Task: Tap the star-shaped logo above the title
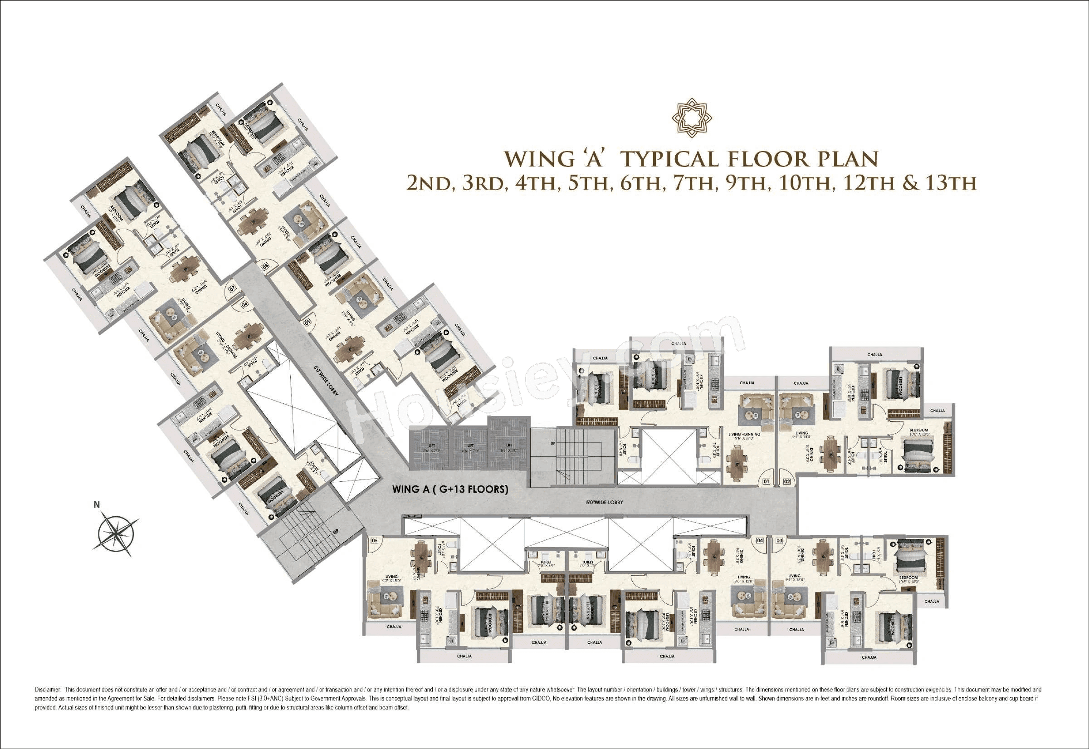point(692,118)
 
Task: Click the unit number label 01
point(766,481)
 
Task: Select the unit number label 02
point(787,481)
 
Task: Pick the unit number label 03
point(779,541)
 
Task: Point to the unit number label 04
point(760,541)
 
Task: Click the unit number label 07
point(231,289)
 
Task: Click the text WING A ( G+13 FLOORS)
point(450,489)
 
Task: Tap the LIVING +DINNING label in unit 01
point(744,435)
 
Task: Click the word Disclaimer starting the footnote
point(48,690)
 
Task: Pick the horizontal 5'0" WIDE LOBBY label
point(604,502)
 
